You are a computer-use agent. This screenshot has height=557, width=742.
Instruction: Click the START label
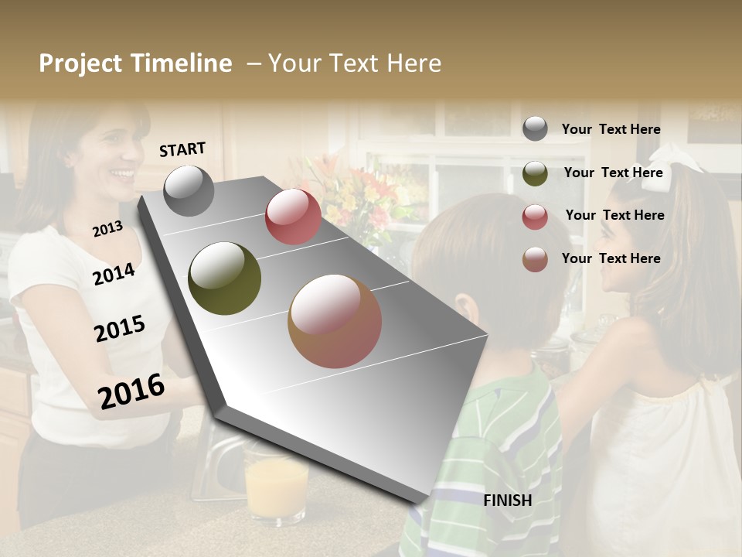[x=182, y=149]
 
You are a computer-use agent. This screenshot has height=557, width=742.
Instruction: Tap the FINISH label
[x=508, y=501]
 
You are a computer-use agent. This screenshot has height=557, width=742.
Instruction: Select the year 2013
[x=107, y=228]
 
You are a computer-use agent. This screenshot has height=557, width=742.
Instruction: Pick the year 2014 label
[x=114, y=274]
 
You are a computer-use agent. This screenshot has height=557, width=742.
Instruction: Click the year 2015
[x=120, y=329]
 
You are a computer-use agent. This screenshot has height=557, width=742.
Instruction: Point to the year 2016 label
[x=131, y=391]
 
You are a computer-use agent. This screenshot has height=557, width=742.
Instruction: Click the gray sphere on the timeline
[x=189, y=191]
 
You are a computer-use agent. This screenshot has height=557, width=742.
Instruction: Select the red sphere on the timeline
[x=293, y=217]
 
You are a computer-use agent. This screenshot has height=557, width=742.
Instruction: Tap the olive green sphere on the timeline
[x=225, y=278]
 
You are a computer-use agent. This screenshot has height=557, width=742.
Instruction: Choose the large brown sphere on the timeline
[x=335, y=321]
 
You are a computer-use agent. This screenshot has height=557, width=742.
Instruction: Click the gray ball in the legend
[x=535, y=129]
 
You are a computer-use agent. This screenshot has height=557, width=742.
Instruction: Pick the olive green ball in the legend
[x=535, y=173]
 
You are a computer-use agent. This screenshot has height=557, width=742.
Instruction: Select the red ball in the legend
[x=535, y=217]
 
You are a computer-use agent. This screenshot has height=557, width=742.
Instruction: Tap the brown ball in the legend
[x=535, y=259]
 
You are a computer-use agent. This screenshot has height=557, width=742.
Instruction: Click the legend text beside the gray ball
[x=611, y=129]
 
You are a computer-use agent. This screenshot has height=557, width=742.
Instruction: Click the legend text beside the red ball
[x=614, y=215]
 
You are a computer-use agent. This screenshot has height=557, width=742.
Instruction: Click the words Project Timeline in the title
[x=135, y=63]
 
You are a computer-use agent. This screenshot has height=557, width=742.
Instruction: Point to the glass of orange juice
[x=276, y=484]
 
